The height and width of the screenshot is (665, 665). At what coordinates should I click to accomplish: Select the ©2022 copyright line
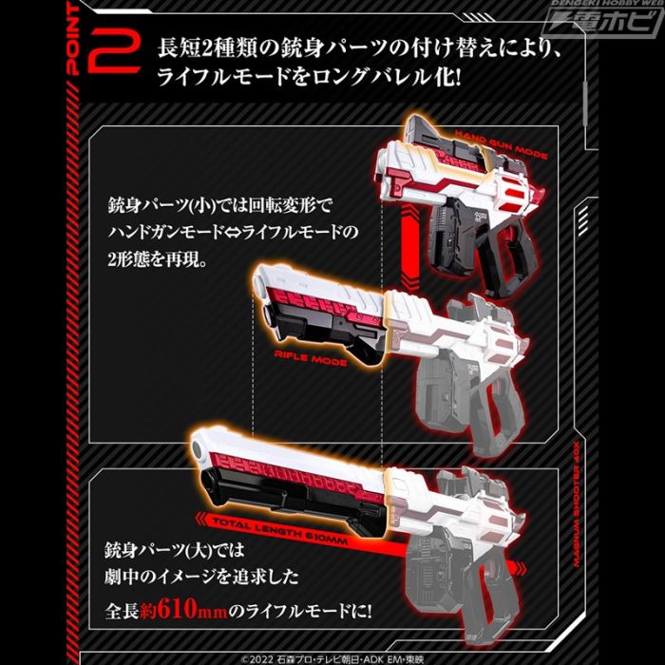[x=332, y=655]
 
